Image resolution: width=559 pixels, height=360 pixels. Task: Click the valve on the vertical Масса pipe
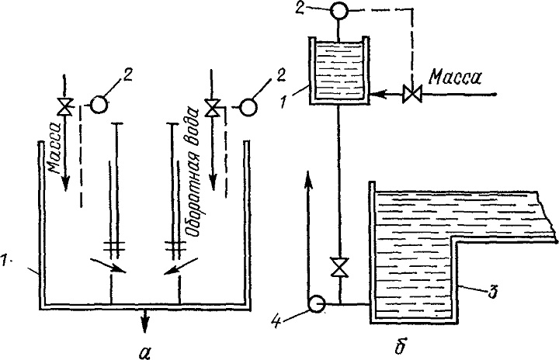(65, 106)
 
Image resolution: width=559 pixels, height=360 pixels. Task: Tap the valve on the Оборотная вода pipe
(213, 108)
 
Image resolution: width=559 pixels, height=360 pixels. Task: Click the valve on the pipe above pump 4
(340, 267)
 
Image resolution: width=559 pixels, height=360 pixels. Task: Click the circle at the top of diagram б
(339, 11)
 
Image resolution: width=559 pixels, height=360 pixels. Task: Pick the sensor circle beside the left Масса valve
(98, 106)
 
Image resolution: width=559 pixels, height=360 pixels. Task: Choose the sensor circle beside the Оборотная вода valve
(248, 107)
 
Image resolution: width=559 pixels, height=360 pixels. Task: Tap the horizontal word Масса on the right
(455, 78)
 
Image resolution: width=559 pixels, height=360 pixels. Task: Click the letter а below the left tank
(144, 351)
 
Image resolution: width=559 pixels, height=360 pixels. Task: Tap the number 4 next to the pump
(277, 320)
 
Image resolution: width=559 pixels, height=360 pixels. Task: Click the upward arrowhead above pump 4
(309, 179)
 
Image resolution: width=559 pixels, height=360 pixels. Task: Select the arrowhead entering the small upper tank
(377, 95)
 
